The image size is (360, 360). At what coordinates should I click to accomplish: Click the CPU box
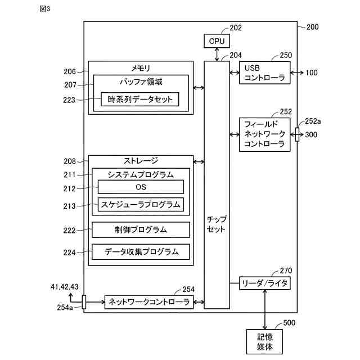(217, 41)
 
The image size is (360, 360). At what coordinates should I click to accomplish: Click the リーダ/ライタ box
(265, 283)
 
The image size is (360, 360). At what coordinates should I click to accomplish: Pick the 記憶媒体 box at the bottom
(265, 341)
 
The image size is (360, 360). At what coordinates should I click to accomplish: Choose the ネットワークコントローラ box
(148, 301)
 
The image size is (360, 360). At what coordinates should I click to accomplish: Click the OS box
(141, 187)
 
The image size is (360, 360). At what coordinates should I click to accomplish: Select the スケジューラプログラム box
(141, 204)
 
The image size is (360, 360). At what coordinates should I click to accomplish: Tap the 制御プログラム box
(141, 229)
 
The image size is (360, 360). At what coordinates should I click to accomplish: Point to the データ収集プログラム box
(141, 251)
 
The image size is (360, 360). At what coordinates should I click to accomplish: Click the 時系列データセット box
(140, 100)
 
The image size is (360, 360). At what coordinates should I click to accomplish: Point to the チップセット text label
(217, 224)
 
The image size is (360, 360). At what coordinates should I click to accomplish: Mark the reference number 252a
(313, 121)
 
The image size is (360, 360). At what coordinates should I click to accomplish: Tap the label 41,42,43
(65, 287)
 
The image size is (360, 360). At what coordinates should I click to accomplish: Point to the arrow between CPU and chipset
(217, 55)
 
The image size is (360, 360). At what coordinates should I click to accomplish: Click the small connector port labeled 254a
(84, 302)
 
